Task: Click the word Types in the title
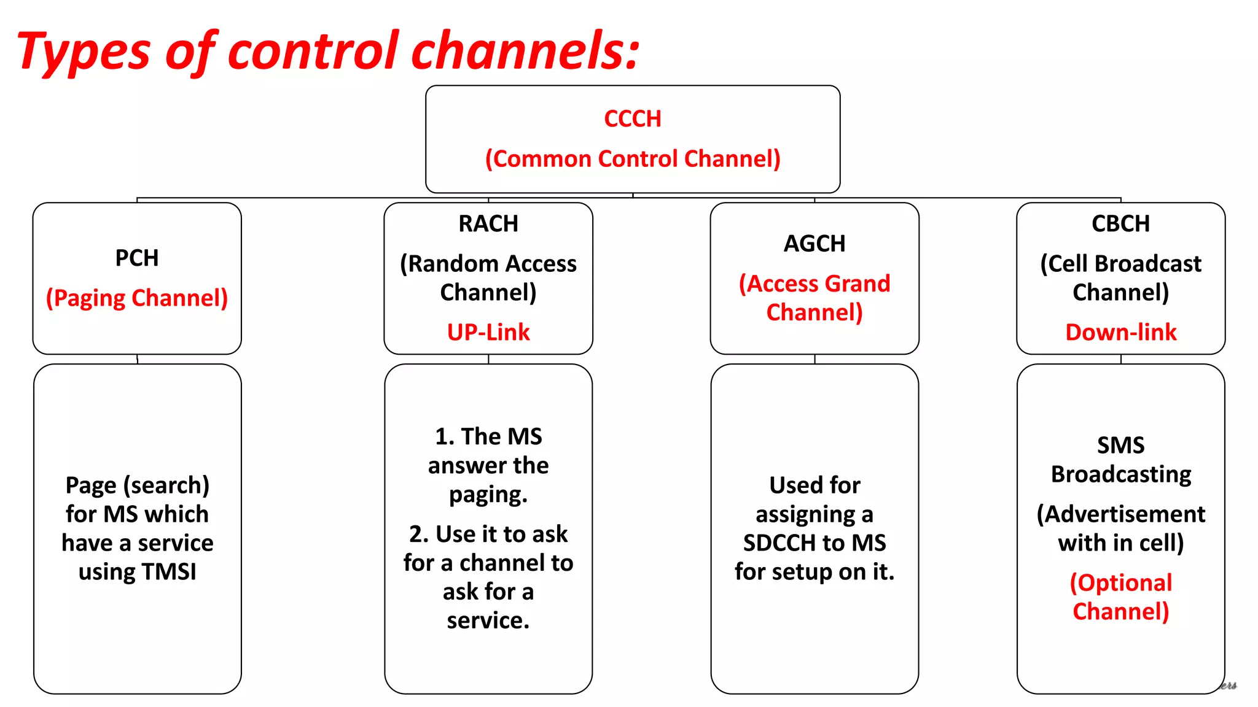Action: (x=83, y=52)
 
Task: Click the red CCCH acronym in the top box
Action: (x=632, y=118)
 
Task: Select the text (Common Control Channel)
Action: (x=632, y=159)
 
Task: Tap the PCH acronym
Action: (x=136, y=258)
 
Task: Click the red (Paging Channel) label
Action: (x=136, y=298)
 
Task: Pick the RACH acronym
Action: (x=488, y=223)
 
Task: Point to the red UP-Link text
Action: (x=488, y=332)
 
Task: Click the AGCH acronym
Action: (x=814, y=244)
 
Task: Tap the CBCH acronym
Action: (x=1120, y=223)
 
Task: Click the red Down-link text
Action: (x=1120, y=332)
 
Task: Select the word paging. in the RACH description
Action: (x=488, y=495)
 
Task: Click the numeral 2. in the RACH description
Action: (x=419, y=535)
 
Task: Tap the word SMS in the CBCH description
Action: (x=1120, y=445)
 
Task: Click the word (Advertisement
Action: (x=1120, y=514)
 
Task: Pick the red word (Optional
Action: (x=1120, y=583)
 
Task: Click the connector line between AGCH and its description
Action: (x=815, y=359)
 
